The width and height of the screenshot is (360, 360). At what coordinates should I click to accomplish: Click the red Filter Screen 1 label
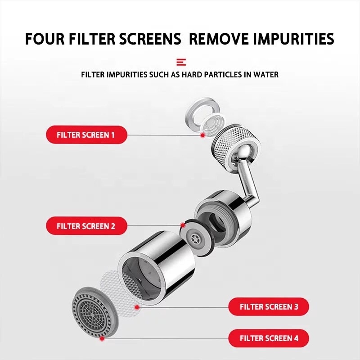pos(86,135)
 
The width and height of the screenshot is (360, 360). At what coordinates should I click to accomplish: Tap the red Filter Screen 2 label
pos(86,226)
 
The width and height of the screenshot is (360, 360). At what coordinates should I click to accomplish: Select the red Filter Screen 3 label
pos(269,307)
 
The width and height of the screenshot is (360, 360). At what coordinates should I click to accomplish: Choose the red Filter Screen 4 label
pos(269,338)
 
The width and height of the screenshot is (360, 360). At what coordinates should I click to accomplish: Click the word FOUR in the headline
pos(45,39)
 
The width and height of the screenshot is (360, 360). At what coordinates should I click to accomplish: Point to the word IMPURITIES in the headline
pos(294,39)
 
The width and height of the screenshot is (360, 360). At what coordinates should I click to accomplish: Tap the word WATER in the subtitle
pos(266,75)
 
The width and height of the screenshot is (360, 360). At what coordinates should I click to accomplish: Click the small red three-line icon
pos(181,62)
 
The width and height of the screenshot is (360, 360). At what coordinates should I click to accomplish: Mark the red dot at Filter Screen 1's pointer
pos(202,135)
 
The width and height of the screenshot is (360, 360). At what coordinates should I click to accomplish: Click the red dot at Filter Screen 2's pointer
pos(183,225)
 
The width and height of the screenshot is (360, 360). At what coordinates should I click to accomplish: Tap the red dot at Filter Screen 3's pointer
pos(137,307)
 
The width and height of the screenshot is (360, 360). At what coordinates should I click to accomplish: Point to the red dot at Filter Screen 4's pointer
pos(102,338)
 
